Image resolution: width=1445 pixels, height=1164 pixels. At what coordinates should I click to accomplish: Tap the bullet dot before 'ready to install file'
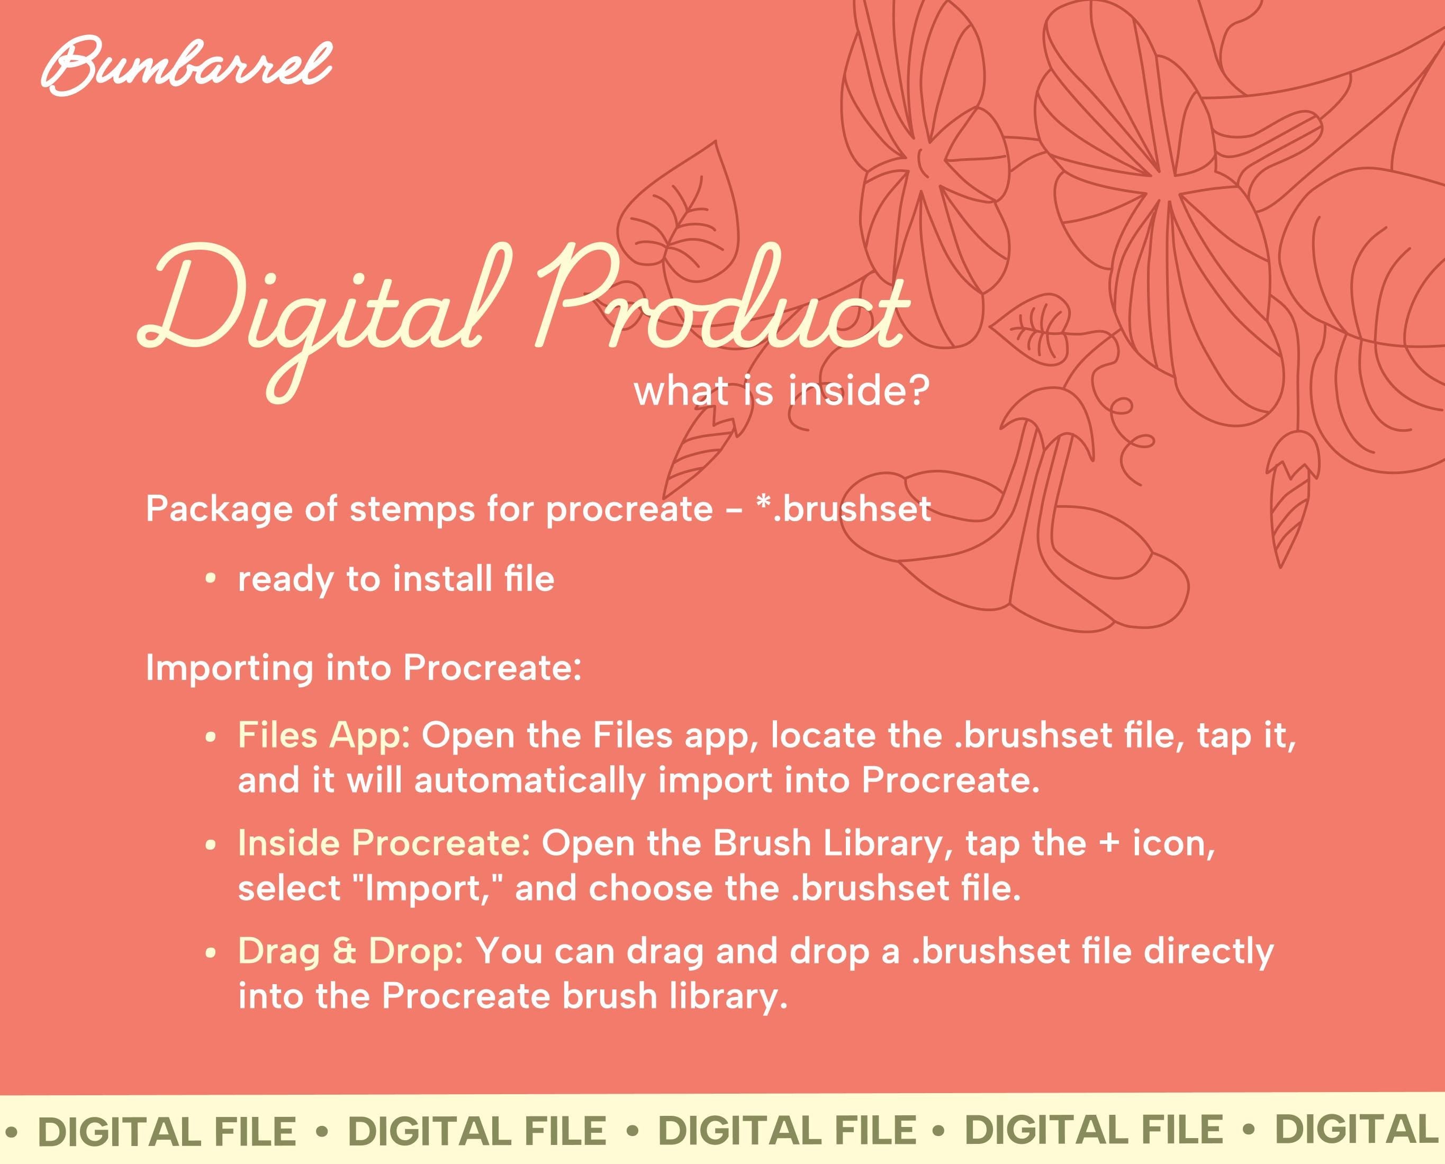[211, 579]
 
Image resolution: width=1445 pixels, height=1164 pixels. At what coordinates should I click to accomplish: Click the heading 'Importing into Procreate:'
[364, 668]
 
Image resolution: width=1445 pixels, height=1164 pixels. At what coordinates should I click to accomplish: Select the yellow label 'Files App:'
[324, 735]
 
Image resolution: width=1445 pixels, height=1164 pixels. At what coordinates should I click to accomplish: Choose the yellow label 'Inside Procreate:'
[384, 843]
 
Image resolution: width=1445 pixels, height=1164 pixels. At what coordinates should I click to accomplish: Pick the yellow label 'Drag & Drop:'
[351, 951]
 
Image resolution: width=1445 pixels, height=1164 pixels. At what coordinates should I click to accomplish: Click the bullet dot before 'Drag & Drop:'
[211, 953]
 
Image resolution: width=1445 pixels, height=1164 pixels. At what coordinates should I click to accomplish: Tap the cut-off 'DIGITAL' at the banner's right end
[1359, 1131]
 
